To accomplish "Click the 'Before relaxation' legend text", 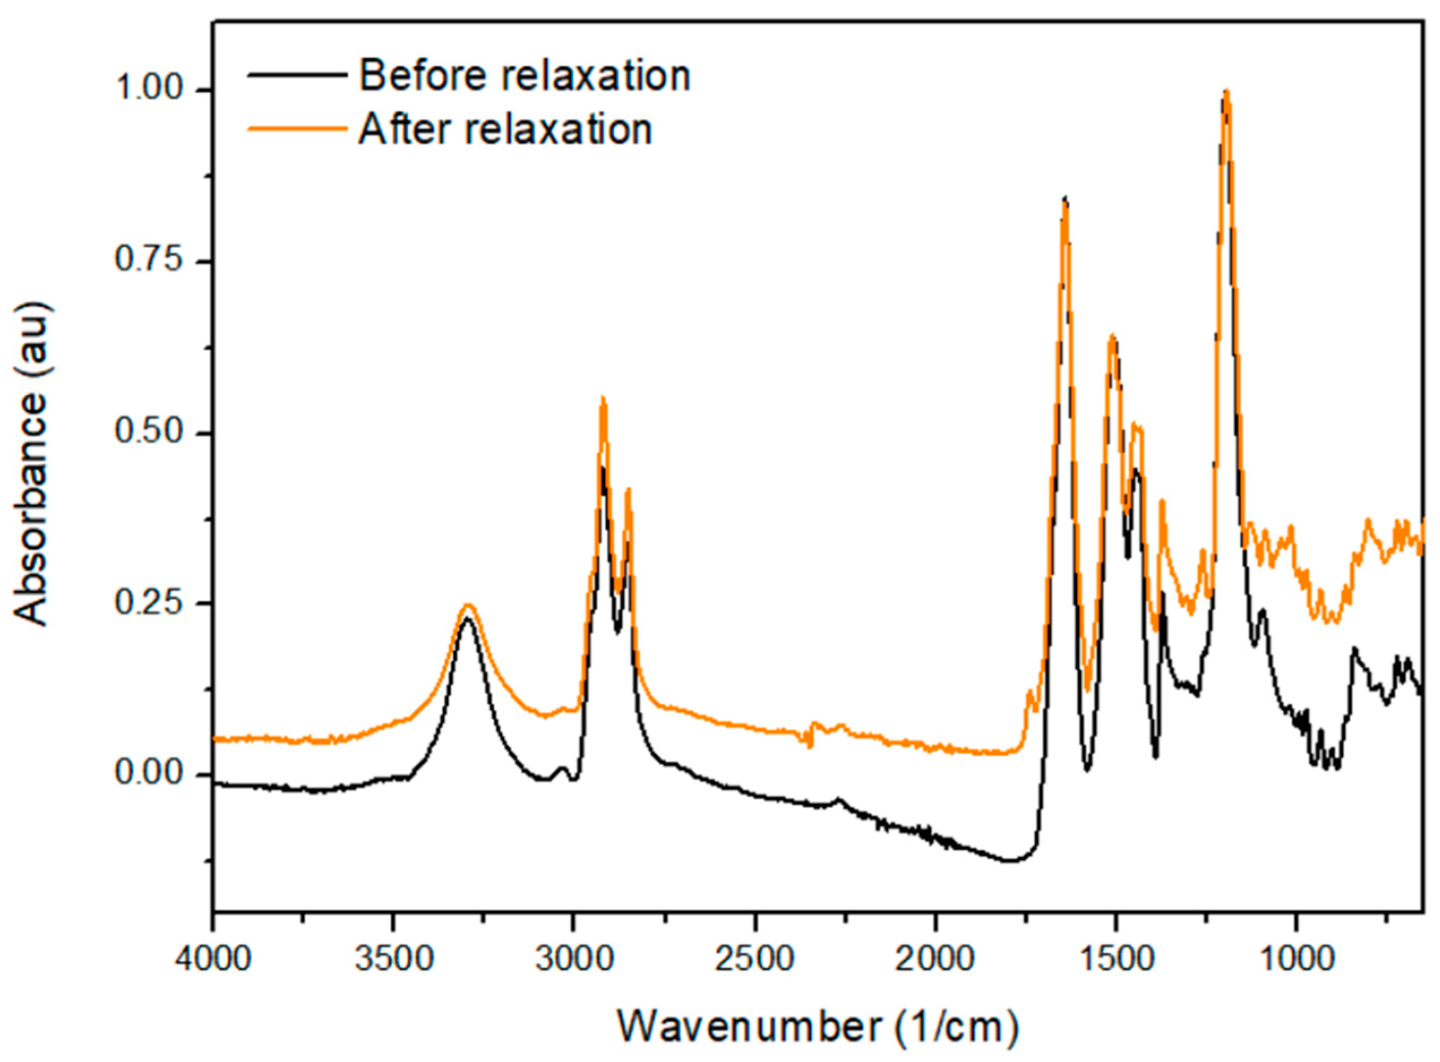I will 524,76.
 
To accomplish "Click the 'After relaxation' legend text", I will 505,129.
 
